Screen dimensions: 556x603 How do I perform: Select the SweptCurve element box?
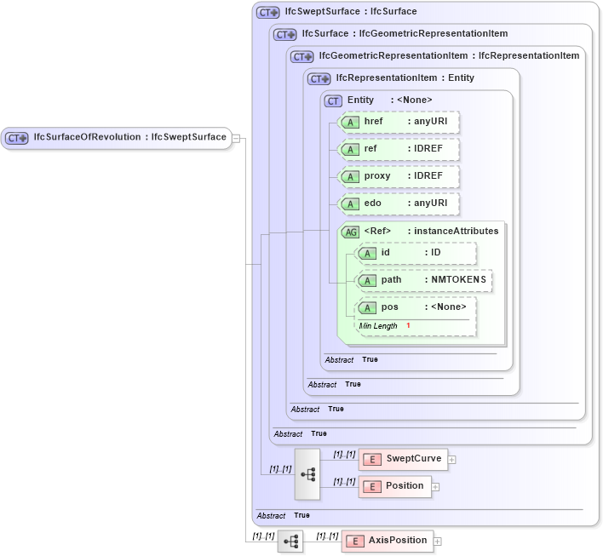[x=402, y=459]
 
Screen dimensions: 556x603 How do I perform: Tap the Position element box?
[x=394, y=486]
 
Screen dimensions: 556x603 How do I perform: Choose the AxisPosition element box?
[x=388, y=541]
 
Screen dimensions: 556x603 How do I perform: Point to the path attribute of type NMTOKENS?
[x=424, y=280]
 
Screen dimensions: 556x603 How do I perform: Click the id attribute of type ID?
[x=416, y=253]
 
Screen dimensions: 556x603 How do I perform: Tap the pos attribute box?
[x=416, y=307]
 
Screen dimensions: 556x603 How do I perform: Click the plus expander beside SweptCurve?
[x=452, y=460]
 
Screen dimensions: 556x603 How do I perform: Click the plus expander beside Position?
[x=435, y=487]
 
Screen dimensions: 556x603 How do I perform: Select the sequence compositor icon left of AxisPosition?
[x=290, y=541]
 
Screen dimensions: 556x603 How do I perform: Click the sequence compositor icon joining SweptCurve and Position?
[x=307, y=473]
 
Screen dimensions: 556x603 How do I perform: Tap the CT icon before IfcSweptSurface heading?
[x=268, y=13]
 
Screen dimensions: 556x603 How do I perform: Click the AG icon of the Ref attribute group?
[x=350, y=232]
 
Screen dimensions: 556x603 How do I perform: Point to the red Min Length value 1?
[x=408, y=326]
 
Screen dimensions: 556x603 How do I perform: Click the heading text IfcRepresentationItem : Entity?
[x=405, y=77]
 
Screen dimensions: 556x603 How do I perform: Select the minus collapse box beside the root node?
[x=237, y=138]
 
